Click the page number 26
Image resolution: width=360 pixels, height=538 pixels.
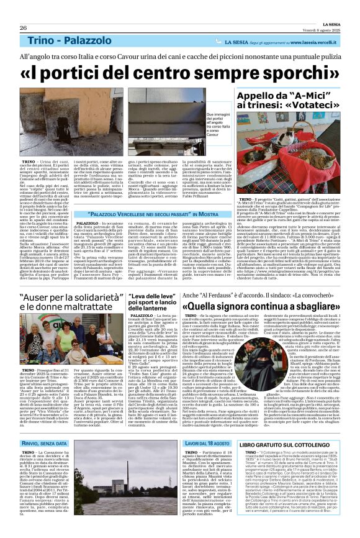pyautogui.click(x=23, y=28)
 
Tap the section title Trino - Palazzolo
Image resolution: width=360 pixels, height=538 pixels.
pyautogui.click(x=65, y=40)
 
